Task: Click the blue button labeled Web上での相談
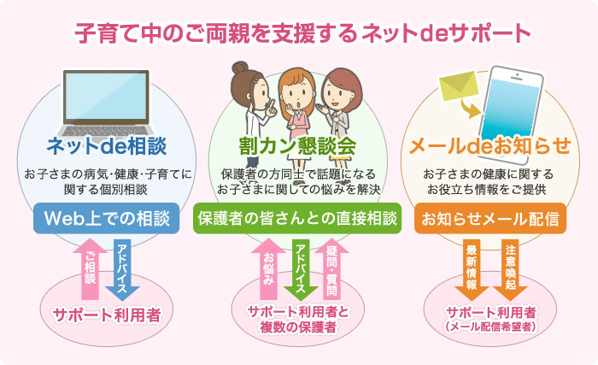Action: (x=107, y=218)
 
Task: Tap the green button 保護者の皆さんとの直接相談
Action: (x=297, y=218)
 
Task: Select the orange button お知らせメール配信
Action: (x=490, y=218)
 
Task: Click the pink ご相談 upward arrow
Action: (x=90, y=268)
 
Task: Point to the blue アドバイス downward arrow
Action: (x=122, y=269)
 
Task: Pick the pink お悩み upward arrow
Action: (x=268, y=268)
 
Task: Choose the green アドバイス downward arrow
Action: (x=301, y=269)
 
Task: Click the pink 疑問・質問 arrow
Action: (x=331, y=268)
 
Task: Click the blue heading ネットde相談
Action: (x=107, y=146)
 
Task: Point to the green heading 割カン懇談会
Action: (x=297, y=146)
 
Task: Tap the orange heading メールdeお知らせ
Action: (x=490, y=146)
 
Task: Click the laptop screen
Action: (x=107, y=96)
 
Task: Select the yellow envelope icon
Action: (x=459, y=86)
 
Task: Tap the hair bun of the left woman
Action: (x=240, y=68)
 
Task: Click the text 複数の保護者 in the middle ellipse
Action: (x=298, y=327)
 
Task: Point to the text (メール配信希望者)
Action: (x=490, y=327)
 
